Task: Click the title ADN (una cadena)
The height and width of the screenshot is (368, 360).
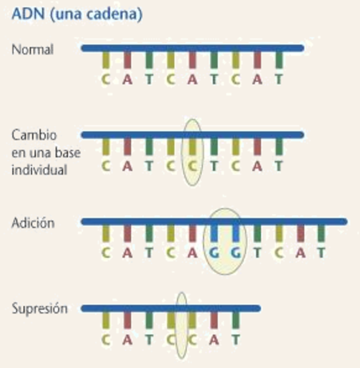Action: (x=65, y=14)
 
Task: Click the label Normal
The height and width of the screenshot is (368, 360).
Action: (x=33, y=49)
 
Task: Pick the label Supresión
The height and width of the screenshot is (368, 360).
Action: (x=40, y=309)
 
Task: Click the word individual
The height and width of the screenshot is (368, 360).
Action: (x=38, y=170)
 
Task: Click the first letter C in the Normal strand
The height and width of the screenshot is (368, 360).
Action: (x=106, y=78)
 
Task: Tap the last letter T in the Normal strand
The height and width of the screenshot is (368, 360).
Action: (x=280, y=78)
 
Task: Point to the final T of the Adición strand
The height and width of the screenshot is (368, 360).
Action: (x=322, y=251)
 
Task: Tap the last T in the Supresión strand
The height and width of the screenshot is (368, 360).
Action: (x=236, y=338)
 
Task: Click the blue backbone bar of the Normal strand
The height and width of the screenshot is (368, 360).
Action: (x=192, y=48)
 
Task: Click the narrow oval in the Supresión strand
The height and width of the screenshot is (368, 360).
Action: (x=182, y=326)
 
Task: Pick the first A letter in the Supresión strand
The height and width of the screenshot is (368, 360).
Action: (x=127, y=338)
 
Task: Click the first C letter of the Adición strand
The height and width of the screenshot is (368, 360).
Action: (x=106, y=251)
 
